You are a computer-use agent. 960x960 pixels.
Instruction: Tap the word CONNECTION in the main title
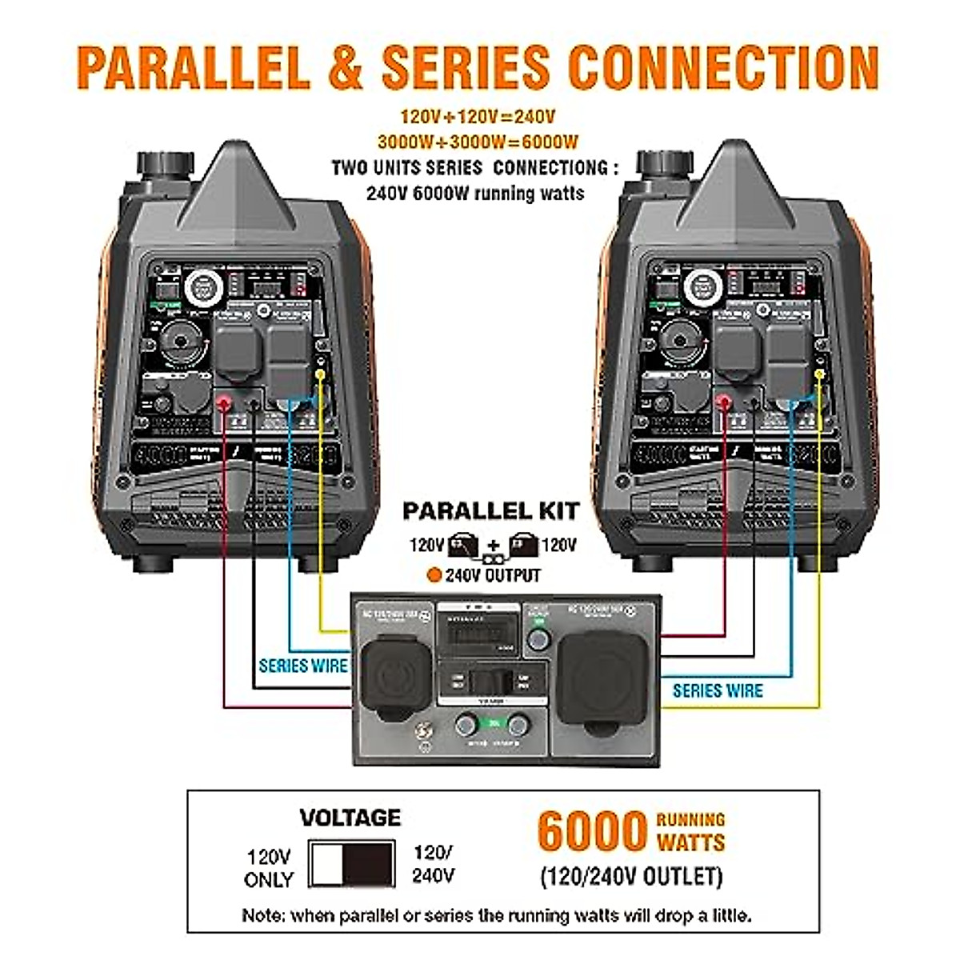[724, 67]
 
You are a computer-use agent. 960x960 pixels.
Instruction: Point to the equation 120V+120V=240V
[478, 117]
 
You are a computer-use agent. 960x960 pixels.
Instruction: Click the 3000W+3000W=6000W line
[478, 142]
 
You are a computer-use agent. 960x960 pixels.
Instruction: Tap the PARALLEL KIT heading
[490, 510]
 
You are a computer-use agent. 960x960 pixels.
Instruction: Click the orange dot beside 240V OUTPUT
[434, 574]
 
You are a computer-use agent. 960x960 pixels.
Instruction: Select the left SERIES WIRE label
[303, 666]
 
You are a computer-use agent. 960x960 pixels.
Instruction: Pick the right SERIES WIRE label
[718, 690]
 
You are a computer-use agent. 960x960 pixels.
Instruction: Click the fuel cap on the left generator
[166, 166]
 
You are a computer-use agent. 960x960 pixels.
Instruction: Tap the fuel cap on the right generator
[665, 166]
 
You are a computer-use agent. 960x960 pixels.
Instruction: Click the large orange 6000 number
[591, 831]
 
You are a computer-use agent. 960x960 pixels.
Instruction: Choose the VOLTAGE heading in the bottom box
[350, 818]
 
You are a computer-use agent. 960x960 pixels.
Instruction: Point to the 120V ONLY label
[269, 868]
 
